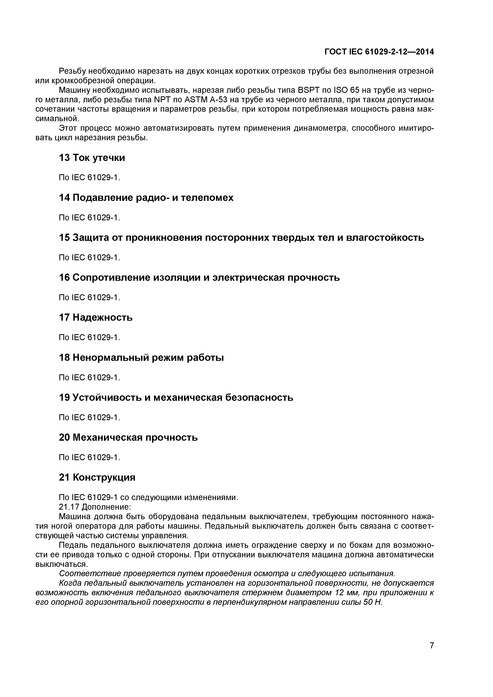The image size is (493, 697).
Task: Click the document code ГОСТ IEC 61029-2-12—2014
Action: click(x=379, y=52)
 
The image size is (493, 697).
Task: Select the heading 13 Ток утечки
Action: click(x=92, y=158)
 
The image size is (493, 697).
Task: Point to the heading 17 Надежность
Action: click(x=96, y=318)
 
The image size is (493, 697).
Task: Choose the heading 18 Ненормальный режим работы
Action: click(x=141, y=358)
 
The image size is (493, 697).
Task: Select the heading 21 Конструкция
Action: click(x=97, y=477)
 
